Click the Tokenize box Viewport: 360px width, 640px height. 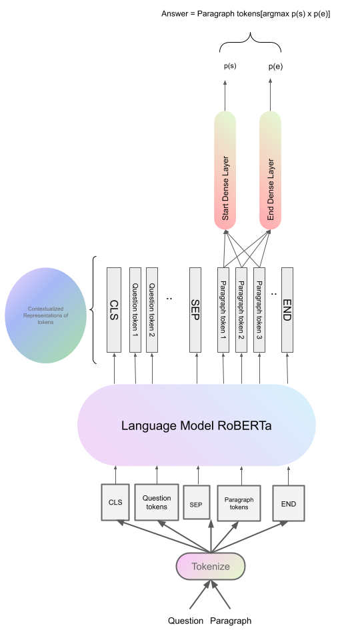click(x=211, y=566)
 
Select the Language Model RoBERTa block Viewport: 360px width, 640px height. click(x=196, y=425)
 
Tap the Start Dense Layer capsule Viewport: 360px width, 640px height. click(x=225, y=170)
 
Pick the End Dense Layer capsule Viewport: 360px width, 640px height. click(x=270, y=170)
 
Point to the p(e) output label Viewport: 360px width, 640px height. click(x=275, y=67)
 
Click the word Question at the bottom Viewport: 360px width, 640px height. click(x=185, y=621)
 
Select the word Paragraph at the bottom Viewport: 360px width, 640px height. click(x=231, y=621)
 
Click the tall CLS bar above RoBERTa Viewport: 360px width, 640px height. click(x=113, y=309)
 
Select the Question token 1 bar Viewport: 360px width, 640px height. click(x=135, y=309)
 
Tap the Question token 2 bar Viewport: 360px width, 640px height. click(x=152, y=309)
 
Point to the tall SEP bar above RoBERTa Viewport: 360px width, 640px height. click(x=195, y=309)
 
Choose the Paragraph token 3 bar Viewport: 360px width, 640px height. click(x=259, y=309)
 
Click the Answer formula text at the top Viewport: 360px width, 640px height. click(x=246, y=13)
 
